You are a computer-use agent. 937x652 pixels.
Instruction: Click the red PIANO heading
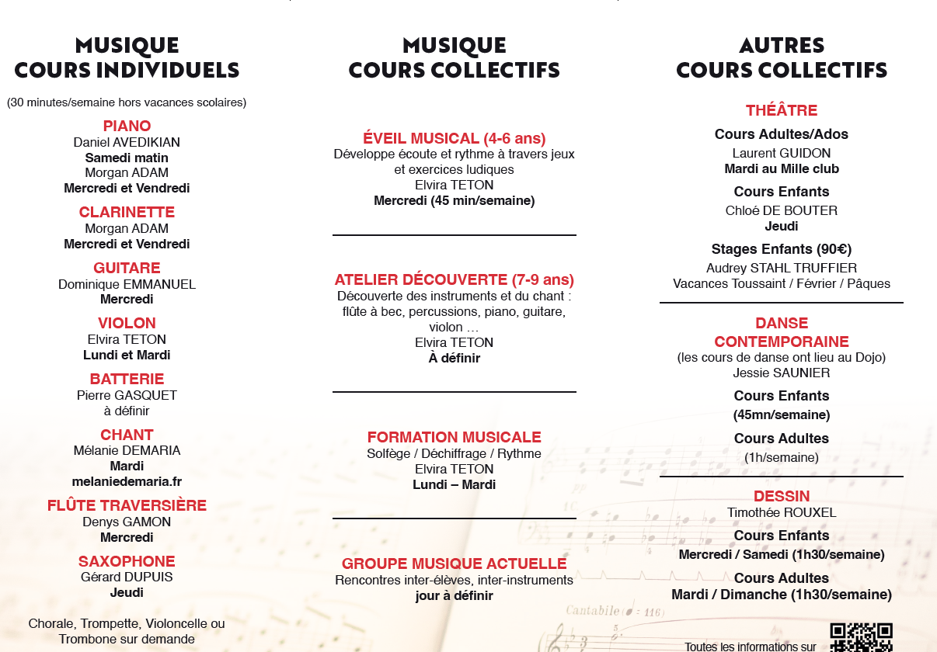pyautogui.click(x=127, y=126)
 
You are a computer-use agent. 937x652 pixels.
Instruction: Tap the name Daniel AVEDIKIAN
pyautogui.click(x=127, y=142)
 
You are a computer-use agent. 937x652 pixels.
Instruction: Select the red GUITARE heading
pyautogui.click(x=127, y=268)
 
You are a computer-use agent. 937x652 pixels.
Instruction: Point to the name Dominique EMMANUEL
pyautogui.click(x=127, y=284)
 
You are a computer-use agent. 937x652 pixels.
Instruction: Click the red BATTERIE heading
pyautogui.click(x=127, y=379)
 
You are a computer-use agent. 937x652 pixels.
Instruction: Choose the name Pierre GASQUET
pyautogui.click(x=127, y=395)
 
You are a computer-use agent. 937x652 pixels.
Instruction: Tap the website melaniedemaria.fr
pyautogui.click(x=127, y=481)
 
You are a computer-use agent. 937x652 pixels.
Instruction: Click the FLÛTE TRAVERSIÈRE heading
pyautogui.click(x=127, y=505)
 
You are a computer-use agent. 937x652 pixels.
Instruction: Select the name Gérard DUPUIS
pyautogui.click(x=127, y=577)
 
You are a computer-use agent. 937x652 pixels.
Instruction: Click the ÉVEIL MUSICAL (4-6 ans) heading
pyautogui.click(x=455, y=138)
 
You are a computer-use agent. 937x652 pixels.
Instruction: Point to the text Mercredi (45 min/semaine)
pyautogui.click(x=455, y=200)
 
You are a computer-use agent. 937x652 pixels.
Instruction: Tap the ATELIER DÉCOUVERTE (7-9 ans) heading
pyautogui.click(x=455, y=279)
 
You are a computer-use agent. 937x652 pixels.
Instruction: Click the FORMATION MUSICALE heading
pyautogui.click(x=455, y=437)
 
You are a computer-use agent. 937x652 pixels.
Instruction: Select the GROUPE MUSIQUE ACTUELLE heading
pyautogui.click(x=455, y=564)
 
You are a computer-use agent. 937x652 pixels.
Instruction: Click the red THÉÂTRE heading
pyautogui.click(x=782, y=110)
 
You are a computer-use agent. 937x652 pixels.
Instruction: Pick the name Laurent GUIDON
pyautogui.click(x=782, y=153)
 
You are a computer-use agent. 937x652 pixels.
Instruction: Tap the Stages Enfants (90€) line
pyautogui.click(x=782, y=249)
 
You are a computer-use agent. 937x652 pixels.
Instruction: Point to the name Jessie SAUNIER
pyautogui.click(x=782, y=373)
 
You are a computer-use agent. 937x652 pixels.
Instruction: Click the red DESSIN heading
pyautogui.click(x=782, y=496)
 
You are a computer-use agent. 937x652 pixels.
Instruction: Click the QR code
pyautogui.click(x=861, y=638)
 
